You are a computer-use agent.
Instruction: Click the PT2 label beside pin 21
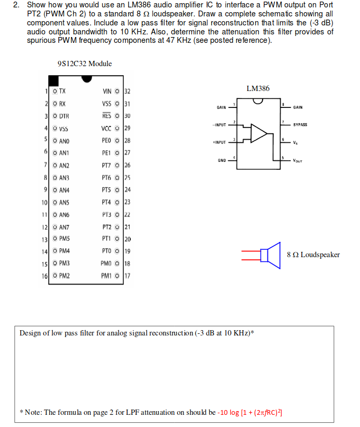pos(106,227)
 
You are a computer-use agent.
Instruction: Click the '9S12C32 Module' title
pos(85,63)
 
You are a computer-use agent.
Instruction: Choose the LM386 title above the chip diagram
pos(258,88)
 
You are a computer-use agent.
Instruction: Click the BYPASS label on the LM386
pos(300,125)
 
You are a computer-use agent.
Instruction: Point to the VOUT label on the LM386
pos(299,160)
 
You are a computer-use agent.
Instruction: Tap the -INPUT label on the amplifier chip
pos(219,125)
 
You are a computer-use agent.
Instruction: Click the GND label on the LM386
pos(222,160)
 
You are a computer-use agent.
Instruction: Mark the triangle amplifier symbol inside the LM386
pos(259,134)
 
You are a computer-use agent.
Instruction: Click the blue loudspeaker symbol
pos(270,256)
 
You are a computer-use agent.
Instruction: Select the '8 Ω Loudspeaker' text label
pos(313,255)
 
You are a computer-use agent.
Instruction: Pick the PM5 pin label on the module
pos(64,239)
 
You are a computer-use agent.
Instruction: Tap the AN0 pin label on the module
pos(64,141)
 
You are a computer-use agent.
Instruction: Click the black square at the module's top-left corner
pos(53,80)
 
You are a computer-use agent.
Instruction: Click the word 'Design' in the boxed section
pos(31,333)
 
